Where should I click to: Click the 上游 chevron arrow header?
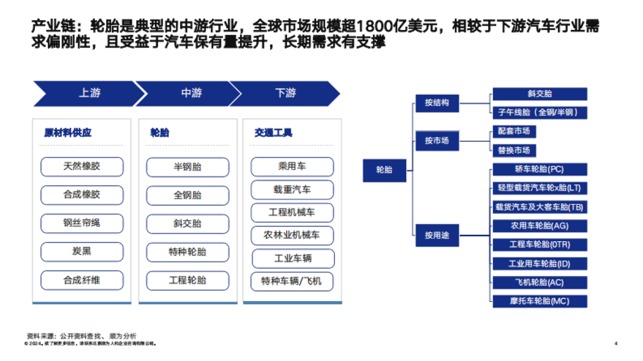tap(89, 94)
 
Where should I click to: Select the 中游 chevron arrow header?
tap(191, 94)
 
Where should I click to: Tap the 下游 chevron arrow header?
tap(286, 94)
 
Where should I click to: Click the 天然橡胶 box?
tap(82, 166)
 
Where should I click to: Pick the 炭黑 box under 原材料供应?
tap(82, 251)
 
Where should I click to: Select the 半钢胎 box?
tap(187, 167)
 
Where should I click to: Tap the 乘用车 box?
tap(292, 167)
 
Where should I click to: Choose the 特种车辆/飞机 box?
tap(292, 281)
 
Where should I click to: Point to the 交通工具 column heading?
tap(273, 133)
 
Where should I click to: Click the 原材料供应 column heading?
tap(68, 133)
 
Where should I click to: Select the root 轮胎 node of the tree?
tap(385, 170)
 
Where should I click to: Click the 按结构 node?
tap(437, 102)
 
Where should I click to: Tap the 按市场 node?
tap(437, 141)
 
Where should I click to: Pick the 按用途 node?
tap(437, 235)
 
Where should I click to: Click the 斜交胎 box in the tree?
tap(540, 94)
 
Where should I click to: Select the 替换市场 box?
tap(514, 150)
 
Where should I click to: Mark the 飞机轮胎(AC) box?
tap(540, 282)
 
